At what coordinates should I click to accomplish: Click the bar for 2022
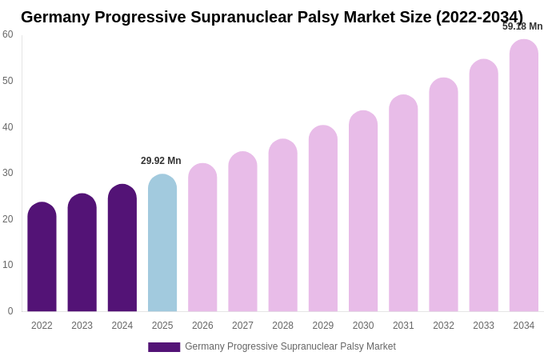click(42, 257)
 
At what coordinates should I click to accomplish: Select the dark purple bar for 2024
click(122, 248)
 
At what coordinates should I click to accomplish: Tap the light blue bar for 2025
click(162, 243)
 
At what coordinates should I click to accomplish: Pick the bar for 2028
click(282, 226)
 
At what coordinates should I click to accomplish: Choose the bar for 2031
click(403, 203)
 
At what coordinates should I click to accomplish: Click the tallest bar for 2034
click(524, 176)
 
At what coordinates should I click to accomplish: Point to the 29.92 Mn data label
click(161, 161)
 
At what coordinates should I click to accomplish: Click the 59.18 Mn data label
click(522, 26)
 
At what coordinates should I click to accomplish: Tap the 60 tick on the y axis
click(8, 34)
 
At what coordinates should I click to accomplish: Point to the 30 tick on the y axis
click(8, 173)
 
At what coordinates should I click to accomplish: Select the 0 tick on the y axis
click(10, 311)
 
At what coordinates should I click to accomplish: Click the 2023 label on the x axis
click(82, 326)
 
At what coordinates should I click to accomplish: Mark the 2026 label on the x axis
click(202, 326)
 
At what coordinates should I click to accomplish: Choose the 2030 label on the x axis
click(363, 326)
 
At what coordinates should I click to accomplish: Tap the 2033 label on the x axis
click(483, 326)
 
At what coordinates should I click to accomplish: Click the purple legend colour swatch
click(164, 347)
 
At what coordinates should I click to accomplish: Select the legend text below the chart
click(290, 346)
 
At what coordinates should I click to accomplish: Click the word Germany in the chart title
click(54, 17)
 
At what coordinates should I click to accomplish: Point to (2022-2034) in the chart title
click(479, 17)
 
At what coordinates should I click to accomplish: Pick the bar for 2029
click(323, 218)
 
